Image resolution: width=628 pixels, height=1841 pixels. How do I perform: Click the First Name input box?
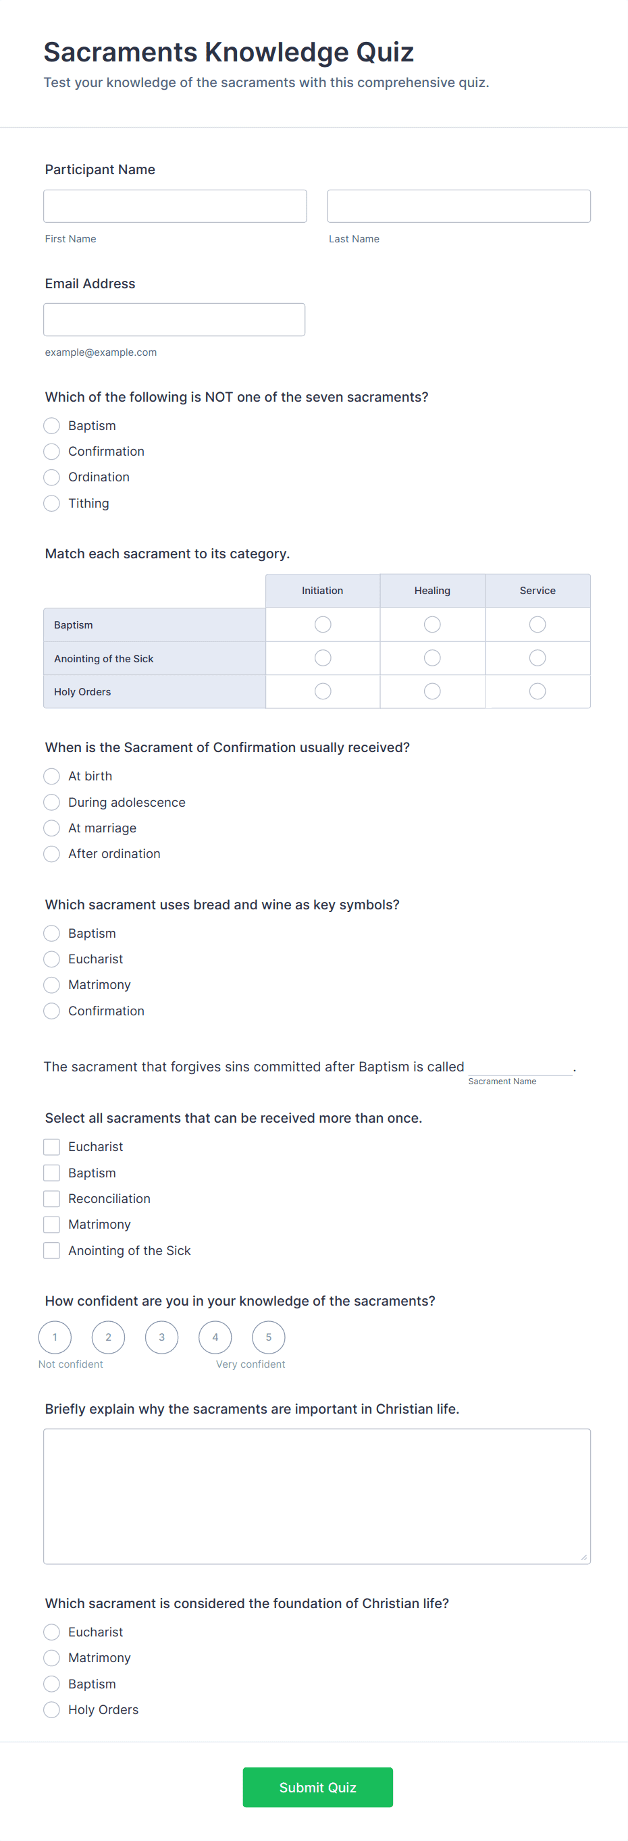pos(175,206)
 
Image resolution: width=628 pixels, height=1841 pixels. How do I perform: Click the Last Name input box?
pos(459,206)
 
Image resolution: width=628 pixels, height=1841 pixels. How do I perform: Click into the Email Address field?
pos(174,319)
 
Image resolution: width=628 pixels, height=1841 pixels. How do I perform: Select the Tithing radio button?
pos(51,503)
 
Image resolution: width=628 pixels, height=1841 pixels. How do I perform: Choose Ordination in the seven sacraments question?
pos(51,477)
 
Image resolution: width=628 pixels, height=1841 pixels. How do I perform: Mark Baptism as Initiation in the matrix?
pos(323,624)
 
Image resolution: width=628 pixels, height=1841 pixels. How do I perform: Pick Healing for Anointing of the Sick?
pos(432,658)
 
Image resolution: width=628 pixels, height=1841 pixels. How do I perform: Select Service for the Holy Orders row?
pos(538,691)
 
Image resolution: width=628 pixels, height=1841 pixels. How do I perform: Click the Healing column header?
pos(432,590)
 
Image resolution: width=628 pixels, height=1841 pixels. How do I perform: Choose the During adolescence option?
pos(51,802)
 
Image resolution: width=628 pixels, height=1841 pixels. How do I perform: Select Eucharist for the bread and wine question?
pos(51,959)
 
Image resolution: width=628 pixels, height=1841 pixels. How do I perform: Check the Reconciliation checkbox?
pos(51,1198)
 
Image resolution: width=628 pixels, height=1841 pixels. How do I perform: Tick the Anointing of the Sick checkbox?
pos(51,1251)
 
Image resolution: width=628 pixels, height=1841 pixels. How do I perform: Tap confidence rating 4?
pos(215,1337)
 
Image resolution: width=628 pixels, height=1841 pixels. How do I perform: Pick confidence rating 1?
pos(55,1337)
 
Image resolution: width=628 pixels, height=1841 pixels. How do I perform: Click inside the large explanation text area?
pos(317,1496)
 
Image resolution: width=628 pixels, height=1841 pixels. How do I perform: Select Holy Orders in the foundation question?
pos(51,1709)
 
